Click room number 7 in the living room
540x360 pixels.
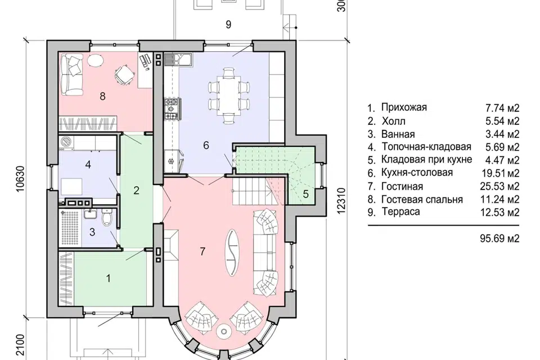click(x=202, y=251)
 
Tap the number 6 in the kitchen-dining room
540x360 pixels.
click(x=206, y=145)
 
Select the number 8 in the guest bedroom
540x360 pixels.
click(x=102, y=96)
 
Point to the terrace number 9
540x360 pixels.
click(x=228, y=24)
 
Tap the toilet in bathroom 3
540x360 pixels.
click(x=107, y=218)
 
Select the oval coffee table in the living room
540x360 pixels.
click(x=232, y=252)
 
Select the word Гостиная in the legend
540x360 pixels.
click(x=402, y=186)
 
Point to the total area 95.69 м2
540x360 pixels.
click(x=499, y=238)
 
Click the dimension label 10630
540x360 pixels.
click(x=21, y=179)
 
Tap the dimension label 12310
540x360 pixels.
click(x=341, y=201)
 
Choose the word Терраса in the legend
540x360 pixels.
click(x=400, y=212)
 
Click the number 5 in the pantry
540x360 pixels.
click(x=306, y=194)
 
